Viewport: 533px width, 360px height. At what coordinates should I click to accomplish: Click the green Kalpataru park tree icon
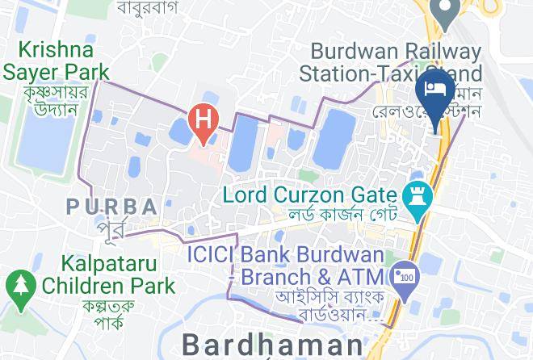(x=19, y=285)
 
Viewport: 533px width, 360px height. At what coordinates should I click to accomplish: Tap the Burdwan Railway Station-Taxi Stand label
(x=389, y=63)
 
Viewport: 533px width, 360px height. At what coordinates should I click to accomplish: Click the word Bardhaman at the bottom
(x=272, y=345)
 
